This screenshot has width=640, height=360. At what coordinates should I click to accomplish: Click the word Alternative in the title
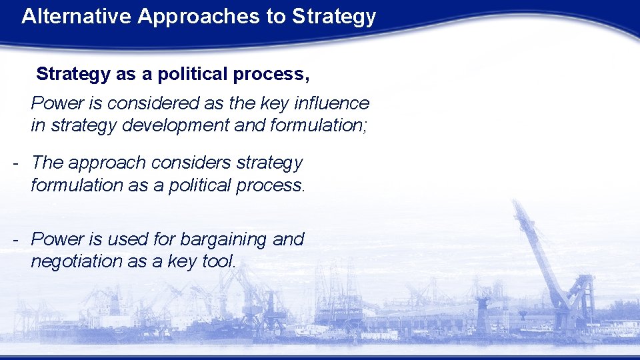point(77,17)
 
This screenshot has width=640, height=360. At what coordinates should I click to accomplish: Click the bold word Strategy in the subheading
point(73,75)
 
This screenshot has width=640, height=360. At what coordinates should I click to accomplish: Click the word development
point(176,125)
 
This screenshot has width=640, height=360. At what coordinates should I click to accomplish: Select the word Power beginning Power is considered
point(53,103)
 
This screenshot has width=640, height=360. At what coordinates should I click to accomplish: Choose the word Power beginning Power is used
point(53,239)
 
